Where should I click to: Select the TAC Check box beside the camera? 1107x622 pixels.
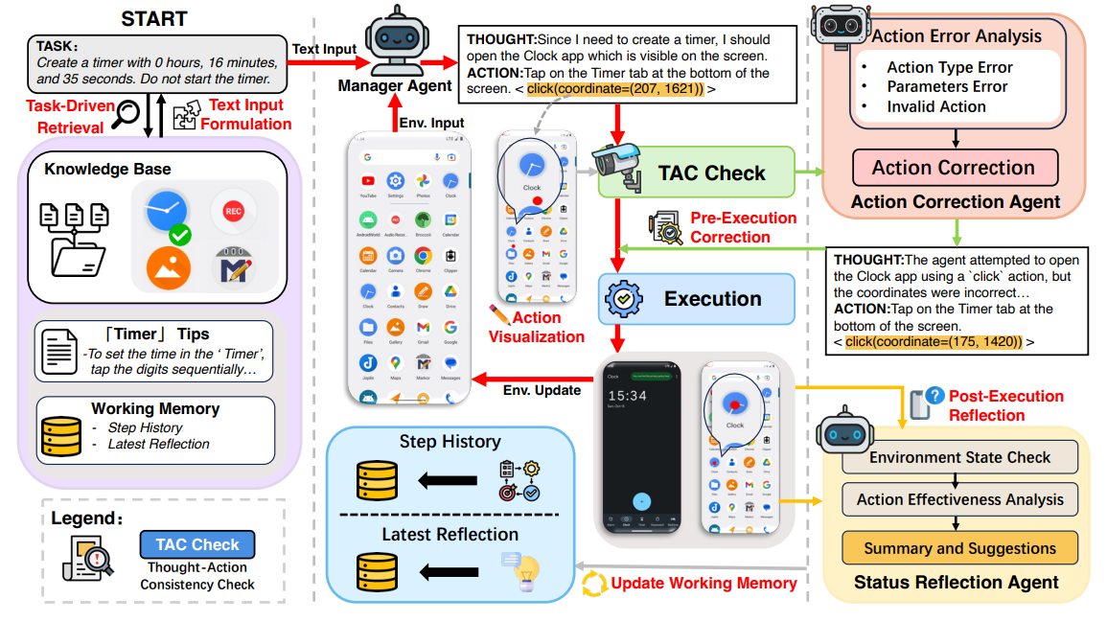711,173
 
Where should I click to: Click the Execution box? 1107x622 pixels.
712,299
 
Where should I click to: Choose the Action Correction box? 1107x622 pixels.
953,168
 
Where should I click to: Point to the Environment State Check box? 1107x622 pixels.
959,457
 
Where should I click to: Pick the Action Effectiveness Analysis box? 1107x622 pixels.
959,499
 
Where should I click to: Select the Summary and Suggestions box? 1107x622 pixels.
959,549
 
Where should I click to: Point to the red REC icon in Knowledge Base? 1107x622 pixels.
233,210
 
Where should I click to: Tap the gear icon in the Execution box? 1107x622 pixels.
623,299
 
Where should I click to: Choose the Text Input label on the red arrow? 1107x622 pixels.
324,48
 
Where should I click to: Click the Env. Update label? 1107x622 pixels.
542,390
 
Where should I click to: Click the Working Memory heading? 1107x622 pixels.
155,408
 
